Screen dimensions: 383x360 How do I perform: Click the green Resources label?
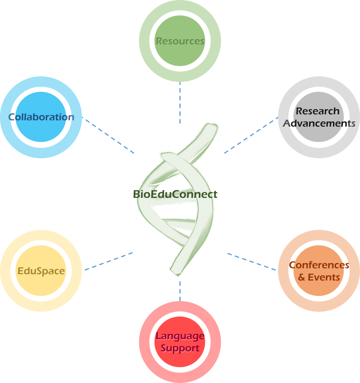click(x=180, y=41)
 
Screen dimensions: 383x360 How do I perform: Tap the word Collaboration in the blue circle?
click(x=41, y=117)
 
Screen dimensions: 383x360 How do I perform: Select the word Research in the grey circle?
click(x=318, y=111)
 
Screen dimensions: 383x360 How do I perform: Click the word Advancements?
click(x=319, y=123)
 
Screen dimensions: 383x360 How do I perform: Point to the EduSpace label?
click(x=41, y=271)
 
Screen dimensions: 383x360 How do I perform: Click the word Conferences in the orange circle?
click(x=319, y=265)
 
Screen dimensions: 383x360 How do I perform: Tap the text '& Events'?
click(x=319, y=277)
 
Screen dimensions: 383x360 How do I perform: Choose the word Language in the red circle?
click(x=180, y=336)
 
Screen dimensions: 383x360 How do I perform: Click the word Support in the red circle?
click(x=180, y=349)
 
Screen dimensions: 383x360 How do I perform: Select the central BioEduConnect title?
click(x=175, y=194)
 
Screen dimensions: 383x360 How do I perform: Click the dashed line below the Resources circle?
click(x=180, y=103)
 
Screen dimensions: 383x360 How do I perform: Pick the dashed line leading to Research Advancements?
click(x=251, y=135)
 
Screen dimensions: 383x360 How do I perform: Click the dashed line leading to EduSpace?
click(x=109, y=261)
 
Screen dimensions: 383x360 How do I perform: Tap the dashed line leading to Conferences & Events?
click(x=251, y=262)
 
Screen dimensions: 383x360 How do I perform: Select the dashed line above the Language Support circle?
click(x=180, y=291)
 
